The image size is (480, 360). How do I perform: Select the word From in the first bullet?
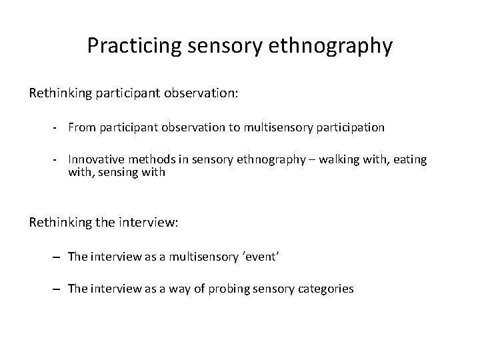(81, 127)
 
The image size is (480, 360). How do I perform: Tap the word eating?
(411, 160)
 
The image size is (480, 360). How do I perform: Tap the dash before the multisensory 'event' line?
(58, 257)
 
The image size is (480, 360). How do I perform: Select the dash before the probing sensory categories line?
(58, 289)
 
